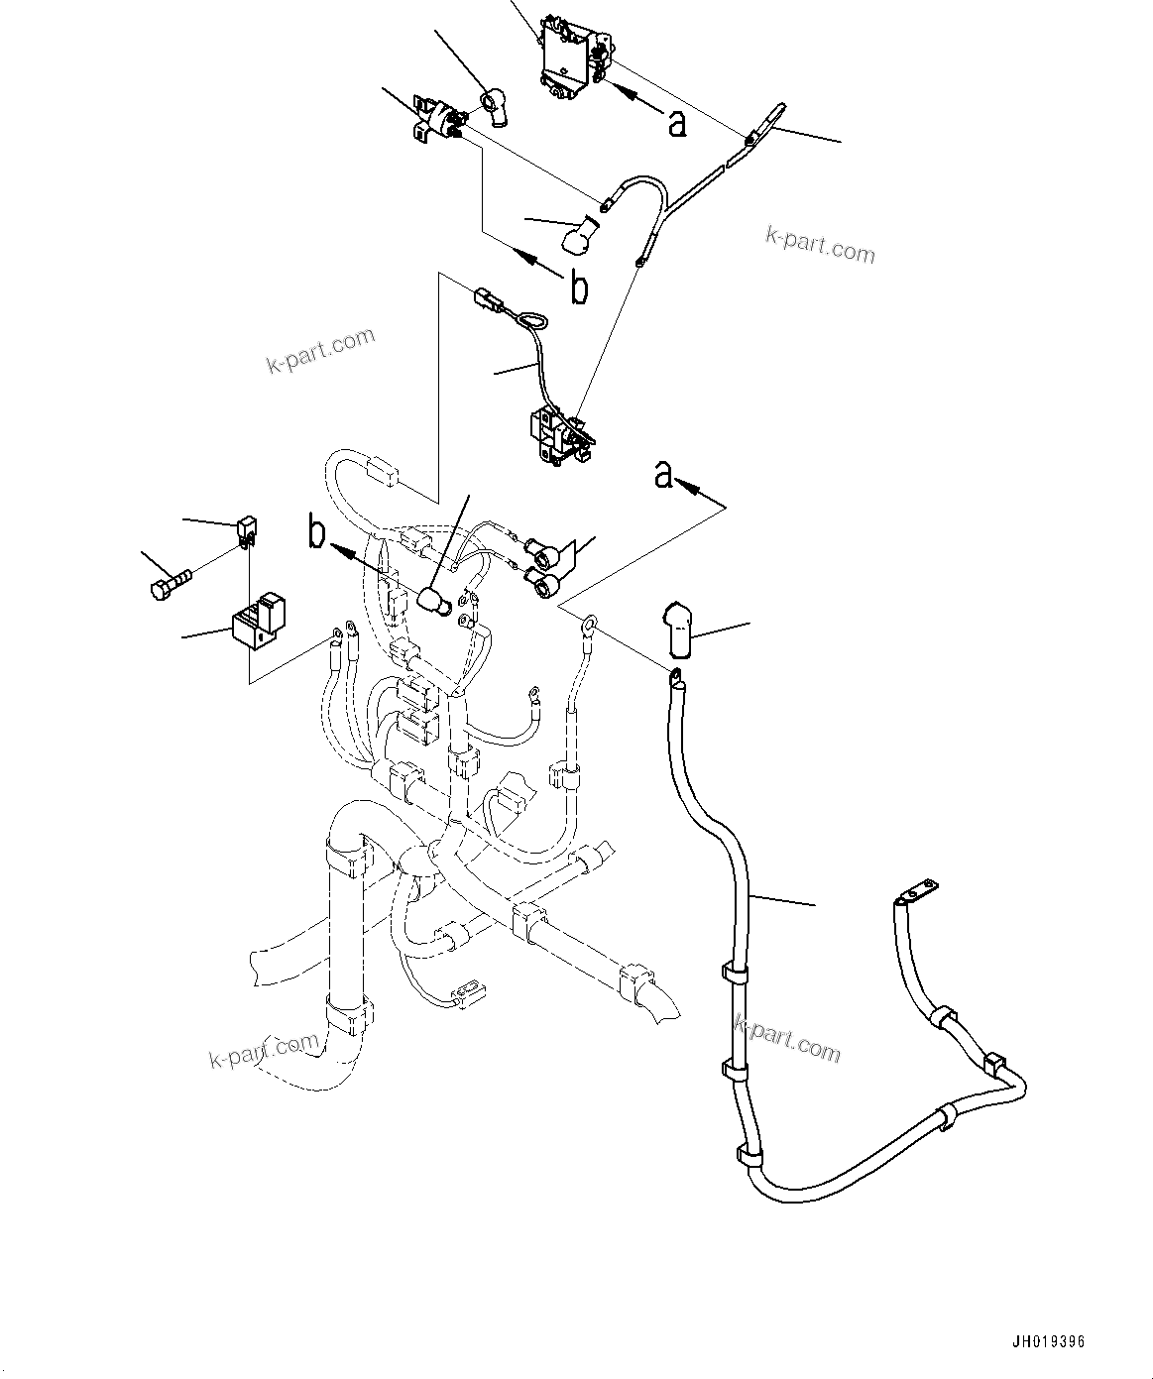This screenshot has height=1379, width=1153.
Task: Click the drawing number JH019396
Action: (x=1049, y=1341)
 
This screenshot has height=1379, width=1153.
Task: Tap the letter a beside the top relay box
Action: (x=676, y=123)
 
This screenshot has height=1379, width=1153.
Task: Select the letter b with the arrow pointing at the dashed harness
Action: (x=316, y=533)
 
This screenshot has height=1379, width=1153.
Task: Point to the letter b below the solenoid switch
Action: (x=578, y=287)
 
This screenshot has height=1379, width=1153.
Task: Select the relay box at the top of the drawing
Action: (x=573, y=57)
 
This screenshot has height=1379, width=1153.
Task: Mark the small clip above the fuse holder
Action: (x=248, y=530)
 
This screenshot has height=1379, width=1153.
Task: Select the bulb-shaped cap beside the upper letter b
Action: (x=579, y=238)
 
